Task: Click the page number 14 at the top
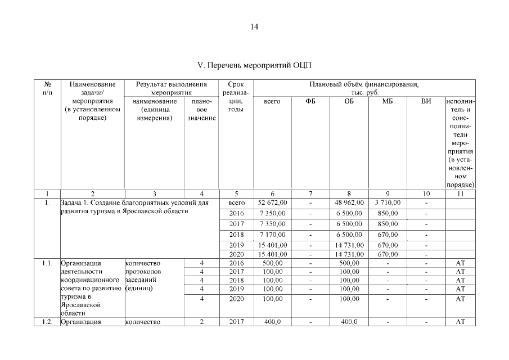(x=254, y=27)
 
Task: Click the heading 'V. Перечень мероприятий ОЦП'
(x=254, y=65)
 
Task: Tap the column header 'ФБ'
(x=310, y=101)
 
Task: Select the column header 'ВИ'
(x=426, y=101)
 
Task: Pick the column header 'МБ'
(x=387, y=101)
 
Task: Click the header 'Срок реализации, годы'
(x=236, y=97)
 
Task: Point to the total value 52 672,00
(x=273, y=202)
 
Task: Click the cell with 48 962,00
(x=349, y=202)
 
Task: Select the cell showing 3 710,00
(x=387, y=202)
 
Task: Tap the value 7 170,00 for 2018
(x=273, y=234)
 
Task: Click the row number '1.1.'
(x=47, y=263)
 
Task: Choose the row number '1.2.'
(x=47, y=322)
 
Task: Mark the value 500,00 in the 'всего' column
(x=273, y=263)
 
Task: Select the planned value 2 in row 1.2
(x=201, y=322)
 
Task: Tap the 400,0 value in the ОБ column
(x=349, y=322)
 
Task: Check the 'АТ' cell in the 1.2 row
(x=460, y=322)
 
